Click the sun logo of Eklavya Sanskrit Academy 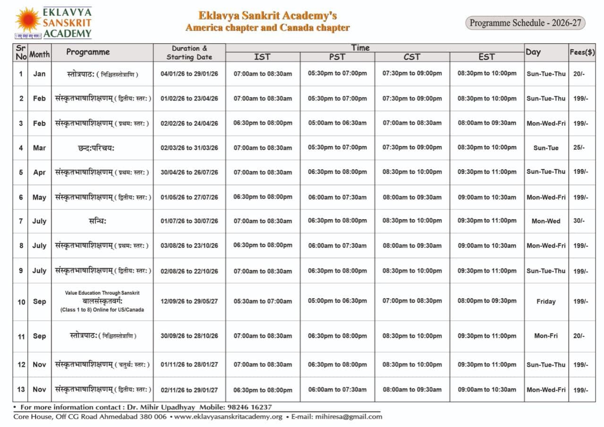point(28,20)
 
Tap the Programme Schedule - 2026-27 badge point(525,23)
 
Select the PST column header point(337,57)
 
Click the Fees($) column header point(582,52)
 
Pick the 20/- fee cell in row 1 point(579,74)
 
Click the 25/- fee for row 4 point(579,148)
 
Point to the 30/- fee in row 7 point(579,221)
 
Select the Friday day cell point(546,301)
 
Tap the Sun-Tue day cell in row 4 point(546,148)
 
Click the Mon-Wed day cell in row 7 point(546,221)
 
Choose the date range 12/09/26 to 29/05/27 point(189,301)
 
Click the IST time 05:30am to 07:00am point(262,301)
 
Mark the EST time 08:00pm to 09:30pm point(487,301)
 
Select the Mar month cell point(39,148)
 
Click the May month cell point(39,197)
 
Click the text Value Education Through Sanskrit point(102,293)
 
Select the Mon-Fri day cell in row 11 point(546,336)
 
